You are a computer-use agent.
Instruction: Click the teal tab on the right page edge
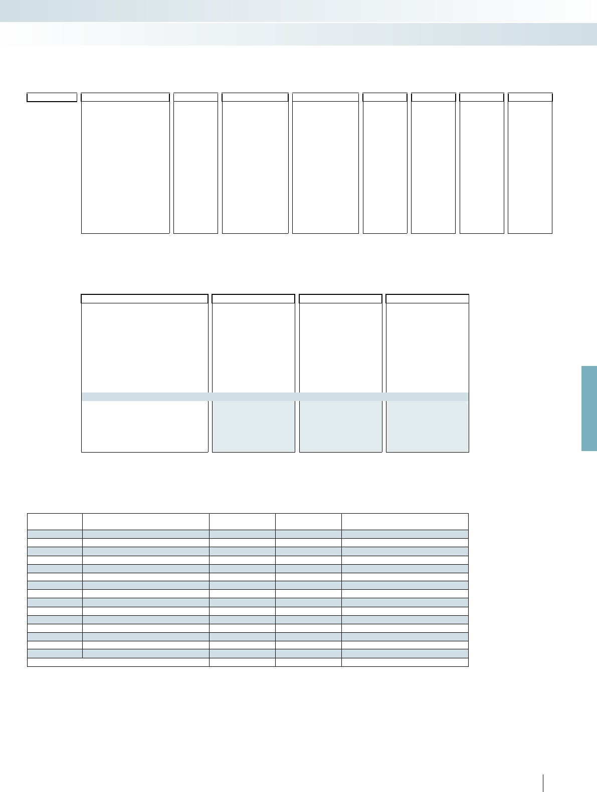(x=589, y=408)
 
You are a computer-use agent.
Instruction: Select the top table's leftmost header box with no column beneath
(x=52, y=97)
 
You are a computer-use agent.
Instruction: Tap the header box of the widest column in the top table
(x=125, y=97)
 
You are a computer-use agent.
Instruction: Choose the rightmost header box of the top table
(x=530, y=97)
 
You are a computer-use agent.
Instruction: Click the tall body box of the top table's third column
(x=255, y=167)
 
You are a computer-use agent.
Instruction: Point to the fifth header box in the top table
(x=325, y=97)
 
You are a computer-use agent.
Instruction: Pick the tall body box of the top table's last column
(x=530, y=167)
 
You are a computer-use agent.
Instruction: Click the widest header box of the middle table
(x=144, y=299)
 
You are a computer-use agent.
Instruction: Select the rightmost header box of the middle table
(x=427, y=299)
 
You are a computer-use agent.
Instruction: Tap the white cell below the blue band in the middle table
(x=144, y=426)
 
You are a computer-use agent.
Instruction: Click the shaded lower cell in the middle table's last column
(x=427, y=426)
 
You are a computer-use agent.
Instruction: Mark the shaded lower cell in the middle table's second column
(x=253, y=426)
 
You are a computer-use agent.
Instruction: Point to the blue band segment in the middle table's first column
(x=144, y=397)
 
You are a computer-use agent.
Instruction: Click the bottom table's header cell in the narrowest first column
(x=55, y=521)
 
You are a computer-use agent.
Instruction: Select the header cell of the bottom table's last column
(x=405, y=521)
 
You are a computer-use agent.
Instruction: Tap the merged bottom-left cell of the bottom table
(x=118, y=662)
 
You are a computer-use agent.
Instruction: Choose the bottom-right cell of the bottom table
(x=405, y=662)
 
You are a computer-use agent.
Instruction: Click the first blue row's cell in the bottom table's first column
(x=55, y=534)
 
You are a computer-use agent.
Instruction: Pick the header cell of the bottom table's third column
(x=242, y=521)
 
